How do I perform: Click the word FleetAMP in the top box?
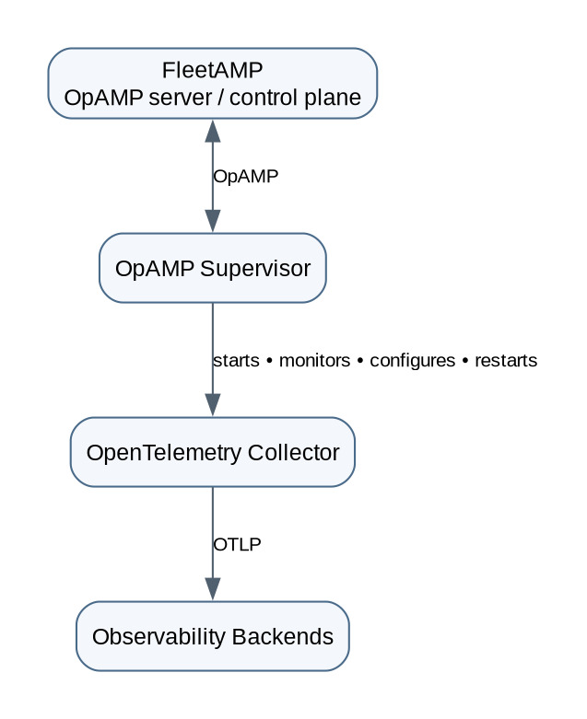213,70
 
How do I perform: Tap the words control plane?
295,99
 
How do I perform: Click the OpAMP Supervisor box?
213,268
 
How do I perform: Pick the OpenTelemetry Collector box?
213,452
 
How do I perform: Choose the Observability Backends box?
213,636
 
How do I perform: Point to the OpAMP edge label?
246,177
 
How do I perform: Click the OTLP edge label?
237,545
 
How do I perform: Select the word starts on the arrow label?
236,361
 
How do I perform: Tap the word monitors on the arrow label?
315,361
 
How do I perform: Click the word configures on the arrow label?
413,361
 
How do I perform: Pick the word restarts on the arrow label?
506,361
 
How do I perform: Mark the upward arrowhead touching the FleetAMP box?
213,131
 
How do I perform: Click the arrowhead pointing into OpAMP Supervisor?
213,221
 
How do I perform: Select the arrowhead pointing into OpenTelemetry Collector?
213,405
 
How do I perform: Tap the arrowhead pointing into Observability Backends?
213,590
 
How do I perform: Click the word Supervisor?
255,269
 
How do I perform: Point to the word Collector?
294,453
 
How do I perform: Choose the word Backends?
283,637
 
